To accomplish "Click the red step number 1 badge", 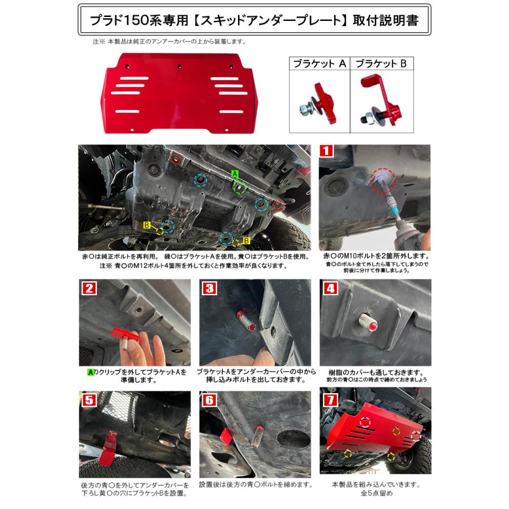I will [x=326, y=151].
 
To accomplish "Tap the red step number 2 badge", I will [x=87, y=287].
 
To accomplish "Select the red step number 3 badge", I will [x=209, y=287].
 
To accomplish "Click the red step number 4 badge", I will [x=329, y=287].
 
